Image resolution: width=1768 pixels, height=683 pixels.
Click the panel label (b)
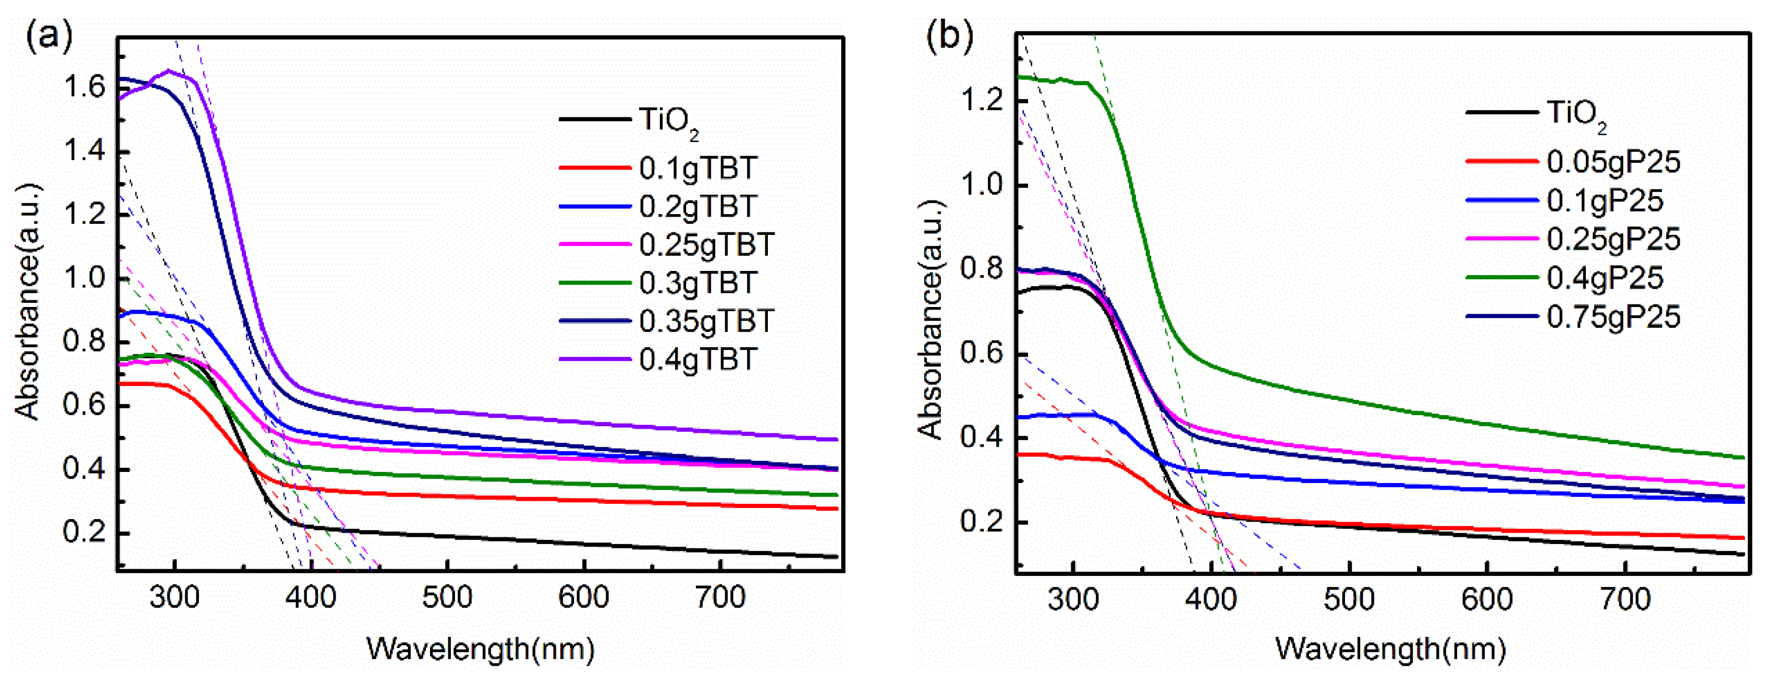(x=949, y=36)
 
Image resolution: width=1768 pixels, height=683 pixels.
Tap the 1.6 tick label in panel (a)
(x=84, y=87)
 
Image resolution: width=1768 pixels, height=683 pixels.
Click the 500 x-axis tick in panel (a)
(x=447, y=597)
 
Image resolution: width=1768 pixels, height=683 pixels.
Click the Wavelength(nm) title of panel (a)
(x=480, y=648)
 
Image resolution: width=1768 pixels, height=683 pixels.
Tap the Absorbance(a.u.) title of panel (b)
(x=931, y=320)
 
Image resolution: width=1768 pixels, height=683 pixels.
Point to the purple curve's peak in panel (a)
(x=169, y=71)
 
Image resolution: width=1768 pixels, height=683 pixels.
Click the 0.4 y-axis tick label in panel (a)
(x=84, y=469)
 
